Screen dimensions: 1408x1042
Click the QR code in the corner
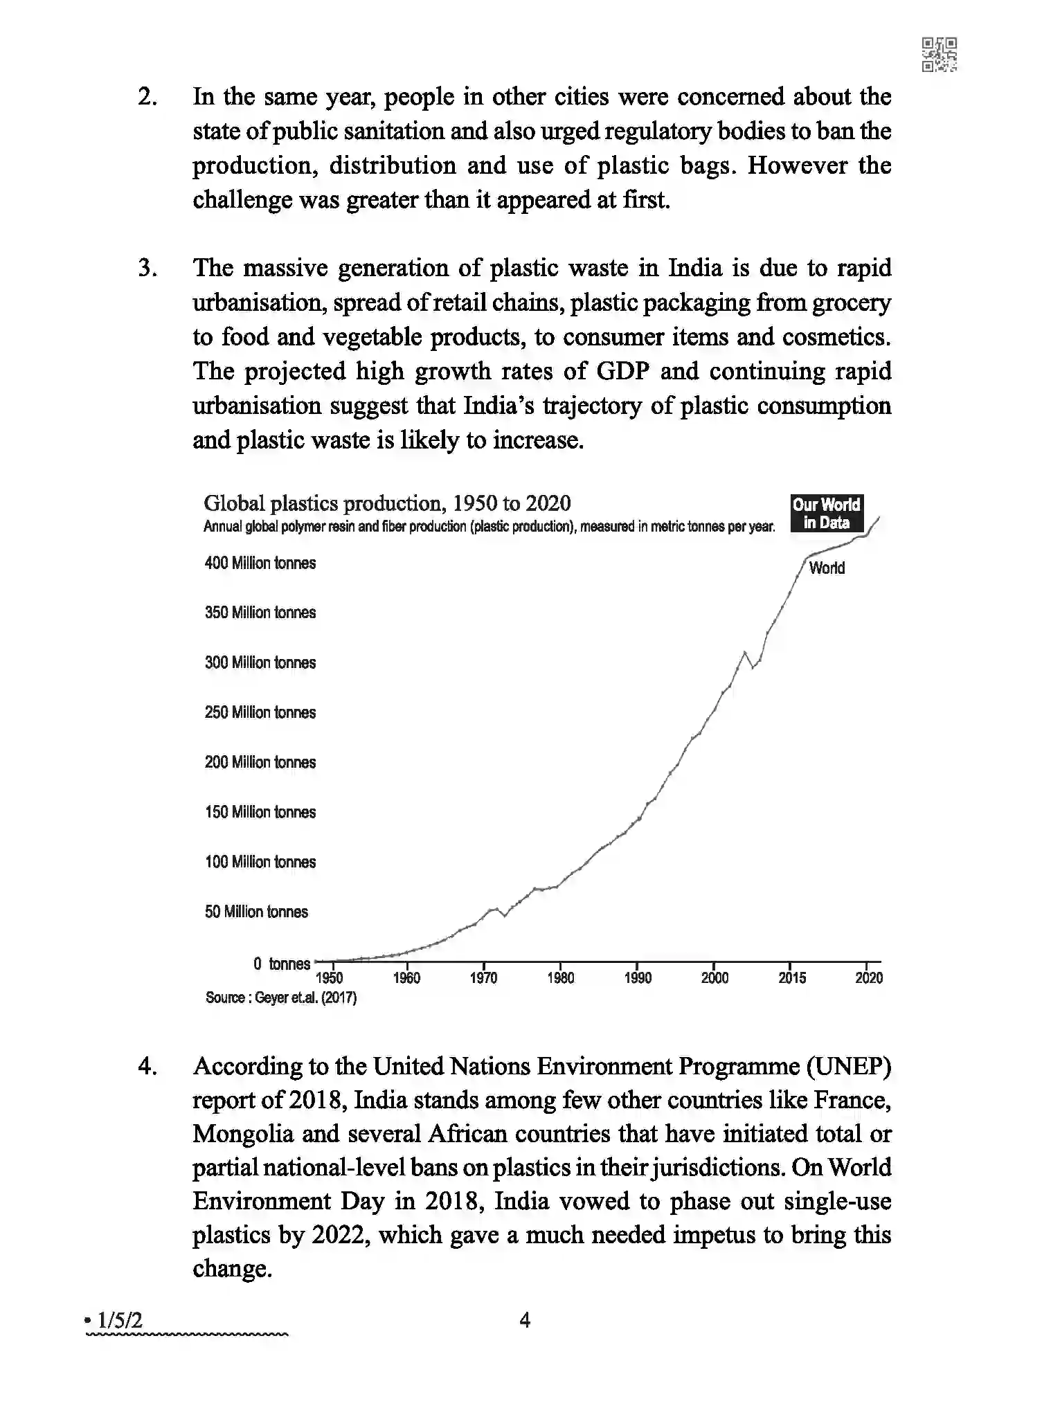point(940,55)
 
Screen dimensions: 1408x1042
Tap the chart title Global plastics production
point(387,503)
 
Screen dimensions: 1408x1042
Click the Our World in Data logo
point(826,514)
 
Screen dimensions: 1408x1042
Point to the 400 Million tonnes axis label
point(260,563)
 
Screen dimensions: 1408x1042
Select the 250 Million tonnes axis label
point(260,712)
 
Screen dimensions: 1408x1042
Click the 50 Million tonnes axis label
point(256,912)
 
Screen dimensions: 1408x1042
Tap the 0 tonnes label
point(281,964)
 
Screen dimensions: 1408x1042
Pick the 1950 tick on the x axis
point(330,977)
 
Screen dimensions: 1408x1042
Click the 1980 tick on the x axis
point(560,977)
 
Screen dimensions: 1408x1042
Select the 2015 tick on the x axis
point(791,977)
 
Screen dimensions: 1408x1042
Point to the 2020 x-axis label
point(869,977)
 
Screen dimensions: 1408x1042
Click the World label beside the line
point(827,568)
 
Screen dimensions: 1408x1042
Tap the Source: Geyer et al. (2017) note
point(281,998)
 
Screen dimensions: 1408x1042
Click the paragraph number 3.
point(147,268)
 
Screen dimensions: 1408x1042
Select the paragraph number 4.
point(147,1066)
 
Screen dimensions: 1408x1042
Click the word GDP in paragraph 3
point(622,371)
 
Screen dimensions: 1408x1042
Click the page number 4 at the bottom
point(525,1321)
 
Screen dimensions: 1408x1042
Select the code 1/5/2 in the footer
point(120,1321)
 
